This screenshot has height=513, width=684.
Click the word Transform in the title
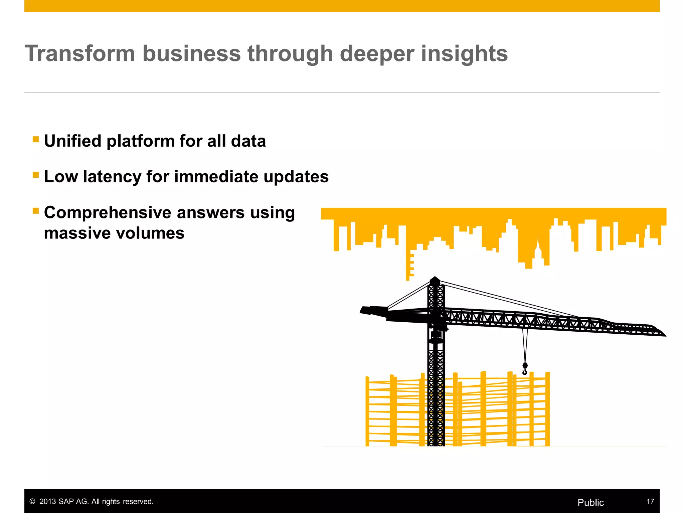80,53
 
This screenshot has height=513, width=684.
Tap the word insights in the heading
464,53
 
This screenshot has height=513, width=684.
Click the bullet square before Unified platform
36,139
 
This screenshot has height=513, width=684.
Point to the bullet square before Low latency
36,175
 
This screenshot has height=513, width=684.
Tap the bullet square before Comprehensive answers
36,211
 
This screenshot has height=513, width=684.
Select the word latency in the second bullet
112,176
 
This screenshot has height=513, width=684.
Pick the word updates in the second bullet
296,176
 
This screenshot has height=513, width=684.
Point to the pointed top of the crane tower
435,278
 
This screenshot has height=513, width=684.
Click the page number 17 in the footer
650,501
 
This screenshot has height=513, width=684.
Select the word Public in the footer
590,502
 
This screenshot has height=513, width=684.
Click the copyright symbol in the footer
32,502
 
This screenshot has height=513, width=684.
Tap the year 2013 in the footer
47,501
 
